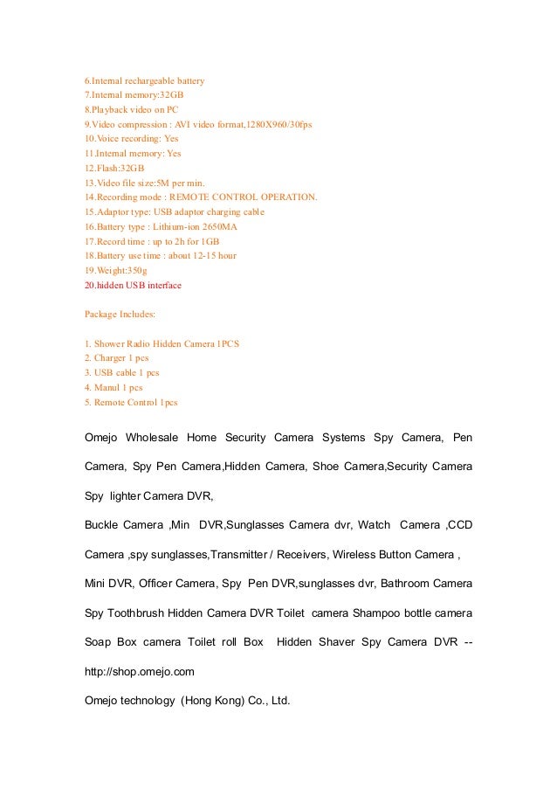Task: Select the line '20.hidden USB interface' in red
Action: pos(133,285)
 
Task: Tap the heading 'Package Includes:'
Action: pos(120,314)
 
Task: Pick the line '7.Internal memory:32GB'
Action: pos(133,95)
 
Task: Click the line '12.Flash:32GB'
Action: pos(114,168)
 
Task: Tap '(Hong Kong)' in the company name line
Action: pos(213,701)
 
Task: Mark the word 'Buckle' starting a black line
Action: pos(101,525)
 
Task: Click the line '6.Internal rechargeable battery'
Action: pos(143,80)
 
